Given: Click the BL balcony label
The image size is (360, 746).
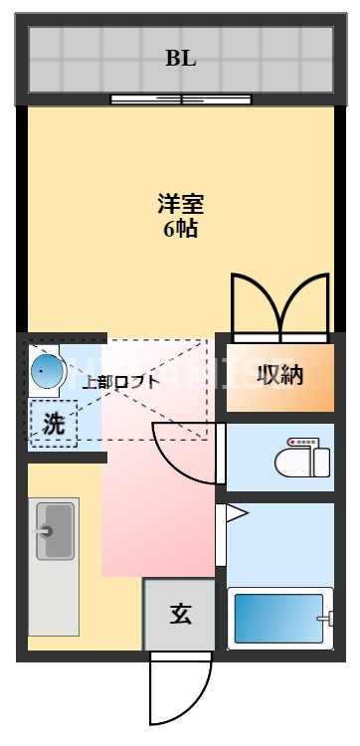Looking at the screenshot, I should point(180,58).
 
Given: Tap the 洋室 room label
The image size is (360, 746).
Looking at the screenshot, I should point(180,205).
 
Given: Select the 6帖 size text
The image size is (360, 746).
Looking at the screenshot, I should point(180,229).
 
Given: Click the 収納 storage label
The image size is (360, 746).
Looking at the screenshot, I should point(280,375).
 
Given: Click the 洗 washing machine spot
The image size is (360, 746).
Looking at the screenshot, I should point(54,423).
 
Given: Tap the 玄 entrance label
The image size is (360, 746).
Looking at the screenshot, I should point(180,614).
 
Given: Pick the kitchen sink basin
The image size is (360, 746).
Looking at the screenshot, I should point(55,530).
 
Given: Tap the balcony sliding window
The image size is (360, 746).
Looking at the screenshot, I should point(180,98).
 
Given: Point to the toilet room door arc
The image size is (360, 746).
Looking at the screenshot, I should point(189,453).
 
